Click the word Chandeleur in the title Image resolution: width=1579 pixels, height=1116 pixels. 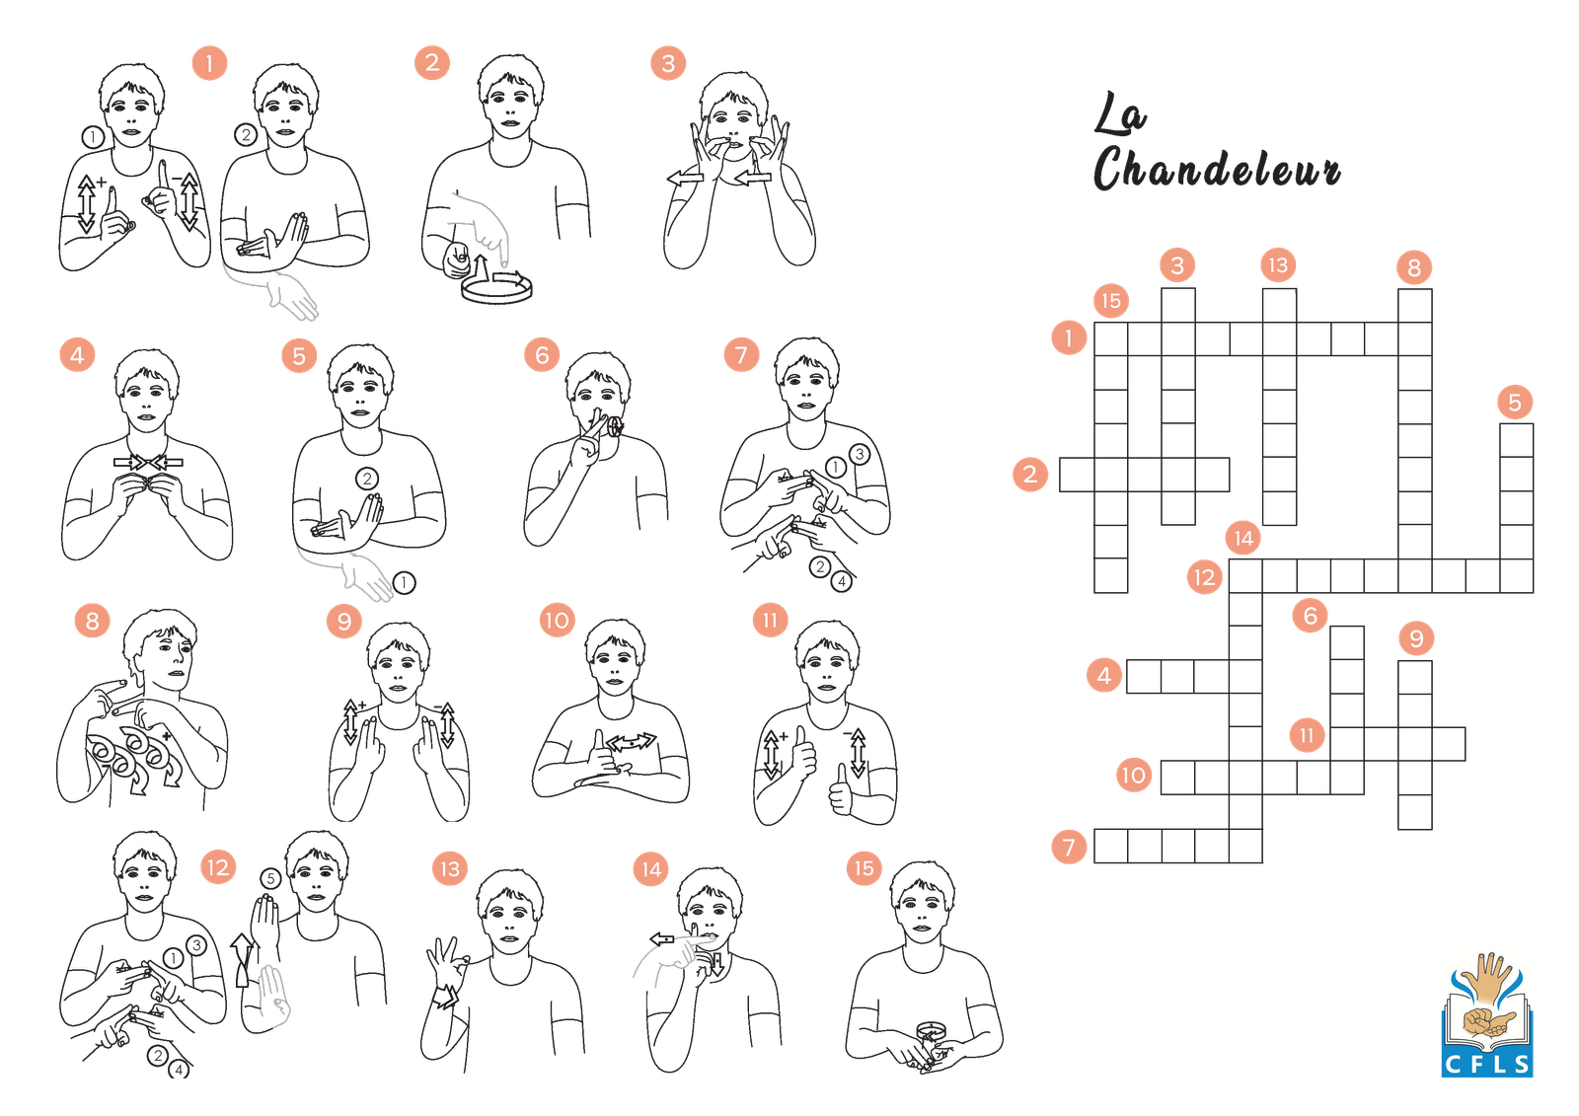click(x=1217, y=168)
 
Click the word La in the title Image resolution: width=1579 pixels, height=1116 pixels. click(x=1120, y=113)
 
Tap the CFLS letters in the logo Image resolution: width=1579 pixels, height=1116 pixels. click(x=1486, y=1064)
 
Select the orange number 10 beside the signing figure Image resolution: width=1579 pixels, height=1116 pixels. click(x=557, y=621)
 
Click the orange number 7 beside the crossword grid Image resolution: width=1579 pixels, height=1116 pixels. click(x=1069, y=846)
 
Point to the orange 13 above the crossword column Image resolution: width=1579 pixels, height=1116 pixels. click(x=1278, y=265)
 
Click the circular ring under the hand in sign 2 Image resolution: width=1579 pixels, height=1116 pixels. click(x=497, y=289)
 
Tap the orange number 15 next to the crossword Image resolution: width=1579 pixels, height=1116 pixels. click(x=1111, y=301)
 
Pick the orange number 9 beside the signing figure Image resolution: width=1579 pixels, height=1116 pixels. click(x=344, y=621)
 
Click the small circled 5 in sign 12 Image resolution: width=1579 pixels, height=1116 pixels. click(x=270, y=878)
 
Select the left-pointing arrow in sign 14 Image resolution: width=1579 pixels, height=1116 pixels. click(x=662, y=939)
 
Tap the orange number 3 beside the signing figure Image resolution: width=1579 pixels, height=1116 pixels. click(x=667, y=63)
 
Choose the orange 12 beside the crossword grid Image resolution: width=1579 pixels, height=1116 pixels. click(x=1204, y=577)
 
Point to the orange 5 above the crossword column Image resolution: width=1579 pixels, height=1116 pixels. click(x=1514, y=403)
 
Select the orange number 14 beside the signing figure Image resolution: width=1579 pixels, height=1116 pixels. click(x=650, y=869)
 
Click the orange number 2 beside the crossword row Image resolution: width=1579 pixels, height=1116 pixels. click(x=1030, y=474)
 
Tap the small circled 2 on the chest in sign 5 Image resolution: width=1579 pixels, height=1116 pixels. click(x=366, y=479)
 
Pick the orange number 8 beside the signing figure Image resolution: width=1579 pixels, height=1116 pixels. click(x=93, y=621)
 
